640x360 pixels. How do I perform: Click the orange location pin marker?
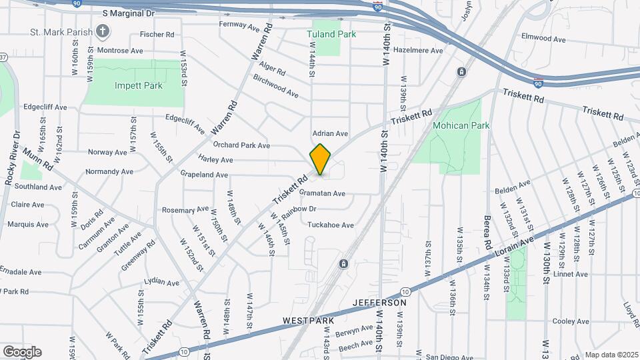(321, 159)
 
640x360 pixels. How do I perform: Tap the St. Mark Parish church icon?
(102, 31)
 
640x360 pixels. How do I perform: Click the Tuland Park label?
(331, 34)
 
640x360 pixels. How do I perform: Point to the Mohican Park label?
(461, 125)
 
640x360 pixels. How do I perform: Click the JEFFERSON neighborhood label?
(380, 303)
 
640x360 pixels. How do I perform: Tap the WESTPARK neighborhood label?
(308, 321)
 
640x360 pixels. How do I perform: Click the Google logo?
(22, 351)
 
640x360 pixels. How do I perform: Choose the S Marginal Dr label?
(129, 13)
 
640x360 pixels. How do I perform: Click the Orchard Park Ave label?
(241, 145)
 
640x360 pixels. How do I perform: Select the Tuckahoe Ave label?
(330, 225)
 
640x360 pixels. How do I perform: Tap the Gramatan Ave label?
(322, 193)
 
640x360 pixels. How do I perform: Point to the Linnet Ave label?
(570, 274)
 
